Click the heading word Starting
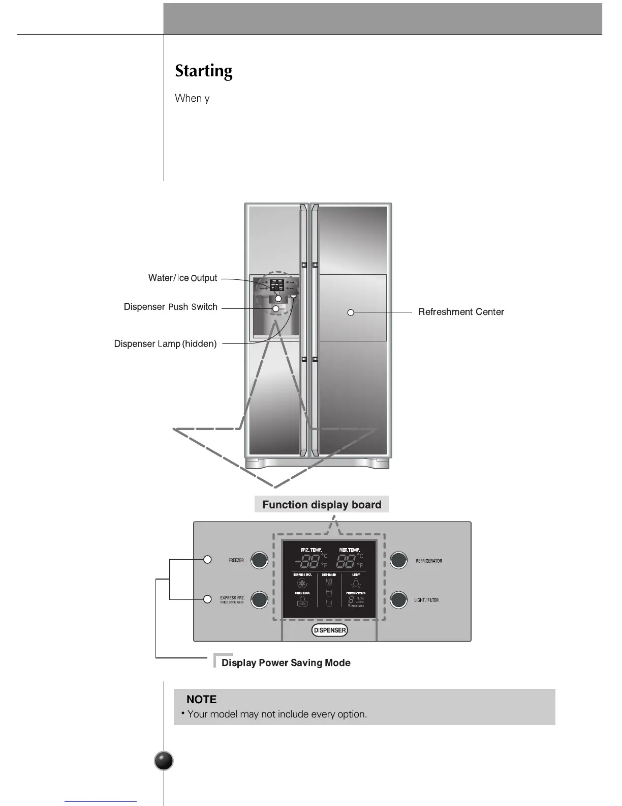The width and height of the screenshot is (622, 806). click(203, 71)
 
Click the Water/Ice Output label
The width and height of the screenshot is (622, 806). click(182, 278)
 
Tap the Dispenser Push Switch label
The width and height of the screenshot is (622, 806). click(170, 307)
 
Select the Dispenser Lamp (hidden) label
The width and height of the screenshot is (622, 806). click(165, 344)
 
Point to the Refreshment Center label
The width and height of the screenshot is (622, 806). click(461, 312)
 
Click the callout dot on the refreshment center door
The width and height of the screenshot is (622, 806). click(351, 312)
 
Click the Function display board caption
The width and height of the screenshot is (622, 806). click(322, 505)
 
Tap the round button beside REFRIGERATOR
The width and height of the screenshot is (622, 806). click(399, 560)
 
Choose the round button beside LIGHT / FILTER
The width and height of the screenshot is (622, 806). click(399, 600)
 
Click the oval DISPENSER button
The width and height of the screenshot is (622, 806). click(330, 630)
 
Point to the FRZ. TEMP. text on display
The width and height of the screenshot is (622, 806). click(311, 550)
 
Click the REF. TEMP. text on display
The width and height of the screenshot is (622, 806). click(350, 550)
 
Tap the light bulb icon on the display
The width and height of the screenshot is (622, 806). click(356, 584)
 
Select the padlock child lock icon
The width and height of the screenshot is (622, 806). click(302, 602)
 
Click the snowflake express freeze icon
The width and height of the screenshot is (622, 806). click(302, 584)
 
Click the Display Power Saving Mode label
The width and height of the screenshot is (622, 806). click(286, 663)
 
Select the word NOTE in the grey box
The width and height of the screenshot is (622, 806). click(201, 700)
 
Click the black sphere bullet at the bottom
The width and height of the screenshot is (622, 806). click(164, 761)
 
